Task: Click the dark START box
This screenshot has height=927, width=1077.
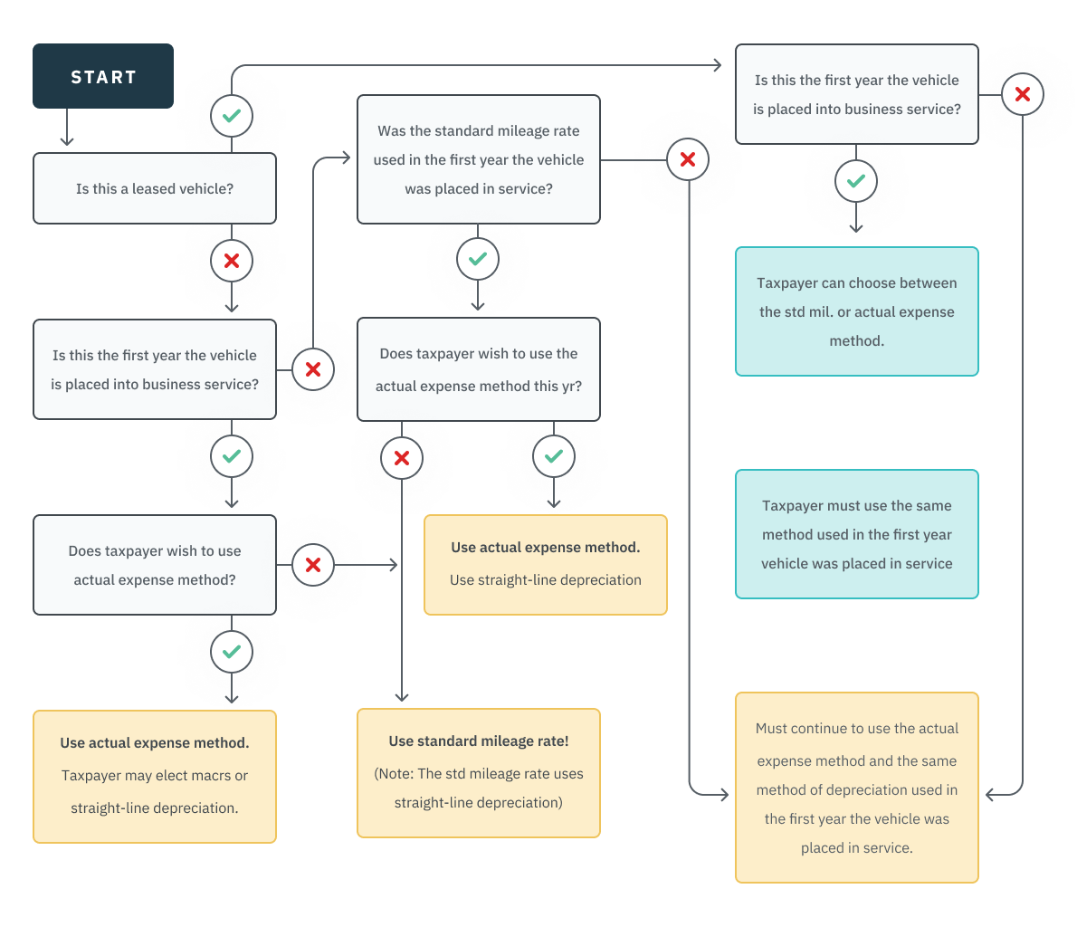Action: tap(103, 76)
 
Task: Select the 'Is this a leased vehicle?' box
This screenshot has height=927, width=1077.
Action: tap(155, 188)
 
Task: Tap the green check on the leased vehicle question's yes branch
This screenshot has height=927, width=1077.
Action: tap(232, 116)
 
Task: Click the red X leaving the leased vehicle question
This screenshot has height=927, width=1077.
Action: tap(232, 261)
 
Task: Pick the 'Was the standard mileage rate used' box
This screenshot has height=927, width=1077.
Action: tap(479, 159)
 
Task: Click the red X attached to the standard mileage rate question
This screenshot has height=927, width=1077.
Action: tap(688, 159)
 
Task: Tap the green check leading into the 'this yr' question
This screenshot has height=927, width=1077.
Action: tap(478, 259)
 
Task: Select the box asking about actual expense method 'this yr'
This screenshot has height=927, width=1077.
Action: tap(479, 369)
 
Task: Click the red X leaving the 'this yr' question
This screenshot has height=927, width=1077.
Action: tap(402, 458)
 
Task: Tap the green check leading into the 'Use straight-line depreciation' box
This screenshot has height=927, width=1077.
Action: tap(554, 456)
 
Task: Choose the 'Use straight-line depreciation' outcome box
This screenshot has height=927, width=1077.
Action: tap(546, 565)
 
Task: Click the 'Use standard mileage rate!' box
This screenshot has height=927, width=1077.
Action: tap(479, 772)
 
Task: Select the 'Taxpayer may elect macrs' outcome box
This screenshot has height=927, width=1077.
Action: tap(155, 776)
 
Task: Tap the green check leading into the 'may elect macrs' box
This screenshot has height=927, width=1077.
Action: tap(232, 652)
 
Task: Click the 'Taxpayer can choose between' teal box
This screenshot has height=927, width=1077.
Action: tap(857, 311)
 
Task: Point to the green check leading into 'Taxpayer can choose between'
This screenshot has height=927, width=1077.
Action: tap(856, 181)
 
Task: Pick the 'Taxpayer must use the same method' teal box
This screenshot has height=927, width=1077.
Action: tap(857, 534)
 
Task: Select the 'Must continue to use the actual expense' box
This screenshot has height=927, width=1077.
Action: tap(857, 788)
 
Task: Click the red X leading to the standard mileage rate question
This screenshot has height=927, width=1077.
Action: tap(313, 369)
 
